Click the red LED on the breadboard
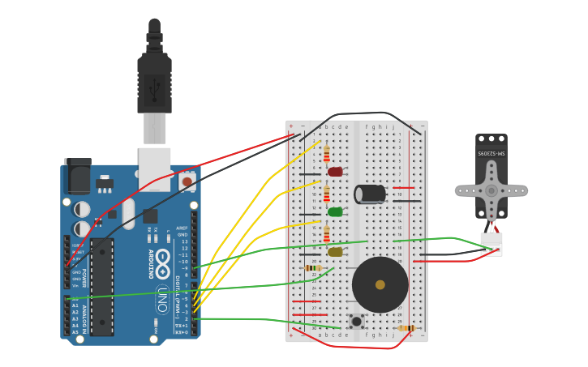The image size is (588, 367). [x=335, y=172]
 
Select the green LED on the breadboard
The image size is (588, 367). [x=335, y=212]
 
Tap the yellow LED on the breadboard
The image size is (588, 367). [x=335, y=252]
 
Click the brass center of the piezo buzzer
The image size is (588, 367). [x=380, y=284]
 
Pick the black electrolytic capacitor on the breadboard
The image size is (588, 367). [x=370, y=194]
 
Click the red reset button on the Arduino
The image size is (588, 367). [x=187, y=182]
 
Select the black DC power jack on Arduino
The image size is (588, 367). [x=77, y=175]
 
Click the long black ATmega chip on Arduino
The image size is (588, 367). [x=102, y=287]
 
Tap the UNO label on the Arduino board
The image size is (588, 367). [x=162, y=299]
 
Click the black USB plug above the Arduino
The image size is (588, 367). [x=154, y=81]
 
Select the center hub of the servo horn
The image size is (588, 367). [x=491, y=191]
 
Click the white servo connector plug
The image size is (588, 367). [x=491, y=244]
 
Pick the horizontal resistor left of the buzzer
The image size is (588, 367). [x=313, y=268]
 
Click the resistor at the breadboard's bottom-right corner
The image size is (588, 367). [x=407, y=328]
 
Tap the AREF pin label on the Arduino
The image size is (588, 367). [x=182, y=228]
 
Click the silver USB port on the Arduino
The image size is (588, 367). [x=155, y=169]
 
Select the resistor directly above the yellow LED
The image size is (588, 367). [x=327, y=233]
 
